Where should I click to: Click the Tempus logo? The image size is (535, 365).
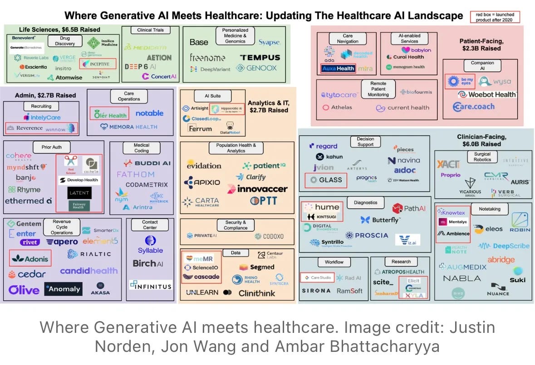[261, 58]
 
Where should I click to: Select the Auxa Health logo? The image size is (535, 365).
[338, 69]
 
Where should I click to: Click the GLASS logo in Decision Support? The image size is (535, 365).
[326, 180]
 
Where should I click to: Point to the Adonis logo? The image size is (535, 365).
[30, 258]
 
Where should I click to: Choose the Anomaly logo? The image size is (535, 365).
[63, 289]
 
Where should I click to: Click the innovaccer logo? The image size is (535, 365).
[257, 189]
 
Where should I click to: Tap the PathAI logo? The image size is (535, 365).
[408, 208]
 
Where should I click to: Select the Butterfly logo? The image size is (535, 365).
[380, 220]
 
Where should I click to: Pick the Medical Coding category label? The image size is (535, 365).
[142, 148]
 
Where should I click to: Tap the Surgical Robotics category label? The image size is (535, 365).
[482, 157]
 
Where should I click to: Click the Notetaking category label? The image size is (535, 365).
[489, 209]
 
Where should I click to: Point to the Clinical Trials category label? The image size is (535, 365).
[150, 30]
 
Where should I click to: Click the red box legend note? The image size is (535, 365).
[495, 17]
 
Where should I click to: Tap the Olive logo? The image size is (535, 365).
[24, 290]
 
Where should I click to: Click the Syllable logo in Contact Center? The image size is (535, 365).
[150, 250]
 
